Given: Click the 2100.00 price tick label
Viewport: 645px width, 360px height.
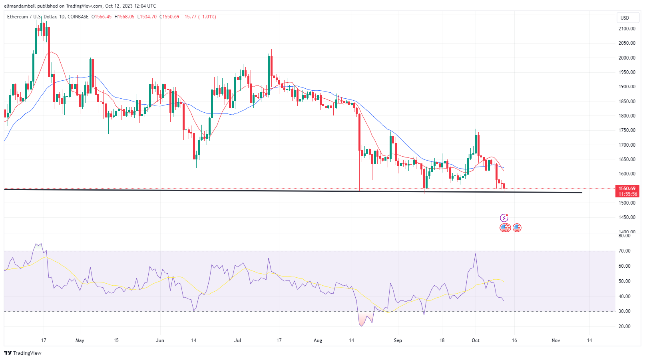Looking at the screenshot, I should [x=627, y=29].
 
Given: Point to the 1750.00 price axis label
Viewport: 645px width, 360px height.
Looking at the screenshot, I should [x=627, y=130].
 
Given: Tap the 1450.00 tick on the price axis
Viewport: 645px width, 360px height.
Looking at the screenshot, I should [x=627, y=217].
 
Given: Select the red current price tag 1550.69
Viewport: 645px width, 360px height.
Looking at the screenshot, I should [x=627, y=189].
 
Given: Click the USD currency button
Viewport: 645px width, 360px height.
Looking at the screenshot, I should [x=625, y=18].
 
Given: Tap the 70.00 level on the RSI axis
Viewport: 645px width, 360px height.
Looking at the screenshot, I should [x=625, y=251].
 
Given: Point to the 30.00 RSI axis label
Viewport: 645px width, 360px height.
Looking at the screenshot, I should [x=625, y=311].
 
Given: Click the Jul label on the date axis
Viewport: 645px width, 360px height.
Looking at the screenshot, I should [x=238, y=340].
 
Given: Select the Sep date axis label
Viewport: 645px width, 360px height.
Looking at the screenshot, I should [x=398, y=340].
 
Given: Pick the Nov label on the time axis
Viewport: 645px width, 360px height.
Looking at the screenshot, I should [x=555, y=340].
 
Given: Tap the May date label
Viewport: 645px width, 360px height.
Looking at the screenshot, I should [x=80, y=340].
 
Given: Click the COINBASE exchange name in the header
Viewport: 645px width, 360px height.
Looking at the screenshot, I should [x=78, y=17].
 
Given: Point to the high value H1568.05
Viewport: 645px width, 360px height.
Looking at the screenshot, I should [x=124, y=17].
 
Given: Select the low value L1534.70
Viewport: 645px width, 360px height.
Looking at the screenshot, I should [x=147, y=17].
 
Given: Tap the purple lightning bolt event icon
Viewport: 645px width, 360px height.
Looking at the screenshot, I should [x=504, y=218].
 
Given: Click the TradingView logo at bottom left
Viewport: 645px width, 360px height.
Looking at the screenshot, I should [x=23, y=353].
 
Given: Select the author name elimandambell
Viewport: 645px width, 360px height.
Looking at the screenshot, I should [x=20, y=6].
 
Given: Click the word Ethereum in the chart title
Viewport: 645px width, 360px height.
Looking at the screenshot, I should [x=18, y=17].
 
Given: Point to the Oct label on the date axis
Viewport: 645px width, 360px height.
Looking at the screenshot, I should [x=476, y=340].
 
